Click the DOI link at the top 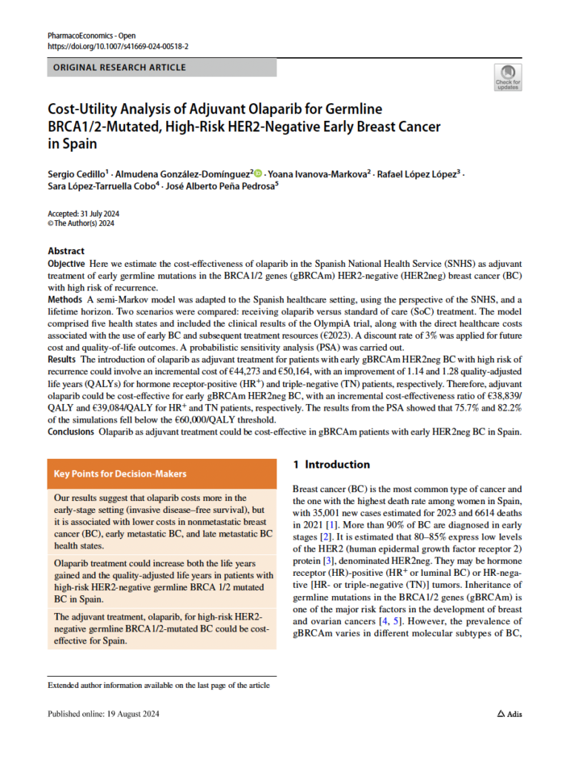click(118, 46)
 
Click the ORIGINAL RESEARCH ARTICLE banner click(162, 67)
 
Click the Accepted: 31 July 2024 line click(84, 213)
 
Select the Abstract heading click(66, 251)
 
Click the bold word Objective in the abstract click(66, 264)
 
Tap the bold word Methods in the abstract click(64, 299)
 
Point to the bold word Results click(62, 358)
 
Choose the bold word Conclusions click(71, 430)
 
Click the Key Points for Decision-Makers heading click(120, 474)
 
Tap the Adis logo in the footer click(509, 714)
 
